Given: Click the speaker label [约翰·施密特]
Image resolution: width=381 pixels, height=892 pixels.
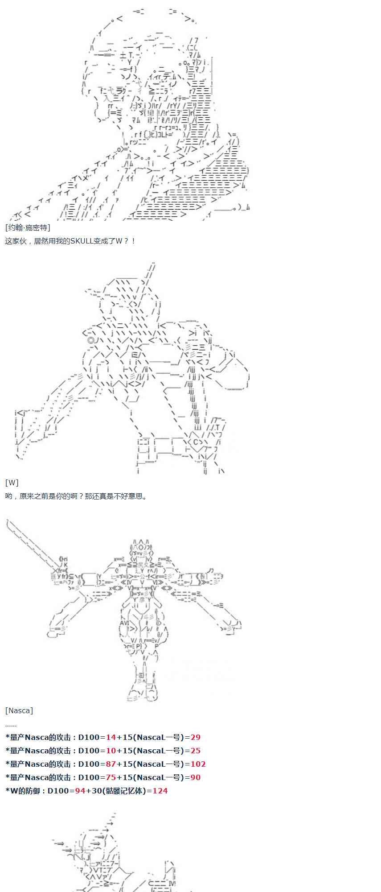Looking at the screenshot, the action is [28, 227].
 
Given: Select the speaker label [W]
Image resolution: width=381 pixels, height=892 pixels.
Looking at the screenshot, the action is [12, 483].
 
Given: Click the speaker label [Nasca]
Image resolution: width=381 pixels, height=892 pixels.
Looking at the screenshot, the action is [19, 710].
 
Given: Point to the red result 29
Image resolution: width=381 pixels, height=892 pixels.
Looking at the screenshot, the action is [195, 737].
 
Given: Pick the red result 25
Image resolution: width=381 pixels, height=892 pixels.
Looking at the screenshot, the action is [195, 751].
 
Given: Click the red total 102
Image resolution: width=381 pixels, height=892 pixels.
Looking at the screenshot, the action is [198, 764].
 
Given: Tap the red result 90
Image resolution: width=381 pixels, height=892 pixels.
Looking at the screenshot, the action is [195, 777].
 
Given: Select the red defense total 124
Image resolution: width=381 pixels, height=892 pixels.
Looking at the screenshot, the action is [160, 791].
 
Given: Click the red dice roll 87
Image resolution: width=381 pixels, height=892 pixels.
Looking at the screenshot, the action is [111, 764].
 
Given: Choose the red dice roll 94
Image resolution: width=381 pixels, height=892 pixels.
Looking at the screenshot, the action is [80, 791].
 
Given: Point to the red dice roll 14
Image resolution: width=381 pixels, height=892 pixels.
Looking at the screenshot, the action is [111, 737].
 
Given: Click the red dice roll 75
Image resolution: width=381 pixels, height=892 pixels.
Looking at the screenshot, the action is [111, 777].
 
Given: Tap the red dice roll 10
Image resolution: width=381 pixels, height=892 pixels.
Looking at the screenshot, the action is [111, 751].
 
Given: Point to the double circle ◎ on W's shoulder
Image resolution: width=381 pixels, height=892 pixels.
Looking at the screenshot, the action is [91, 340].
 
